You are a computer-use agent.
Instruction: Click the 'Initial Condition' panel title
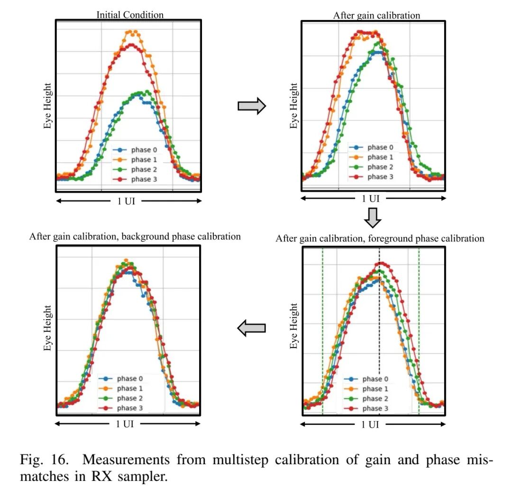click(130, 15)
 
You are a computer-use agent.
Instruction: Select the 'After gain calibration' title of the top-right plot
click(376, 15)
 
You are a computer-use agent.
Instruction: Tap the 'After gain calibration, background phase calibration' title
click(135, 236)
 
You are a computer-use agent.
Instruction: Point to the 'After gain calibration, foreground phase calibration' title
click(380, 238)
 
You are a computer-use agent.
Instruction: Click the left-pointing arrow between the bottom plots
click(251, 328)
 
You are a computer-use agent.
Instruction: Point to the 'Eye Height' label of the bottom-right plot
click(294, 326)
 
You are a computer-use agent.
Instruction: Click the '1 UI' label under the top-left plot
click(126, 201)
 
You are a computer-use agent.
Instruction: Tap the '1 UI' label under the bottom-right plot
click(370, 424)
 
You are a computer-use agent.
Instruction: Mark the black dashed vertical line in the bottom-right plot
click(379, 332)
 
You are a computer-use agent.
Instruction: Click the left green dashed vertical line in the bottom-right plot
click(322, 332)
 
